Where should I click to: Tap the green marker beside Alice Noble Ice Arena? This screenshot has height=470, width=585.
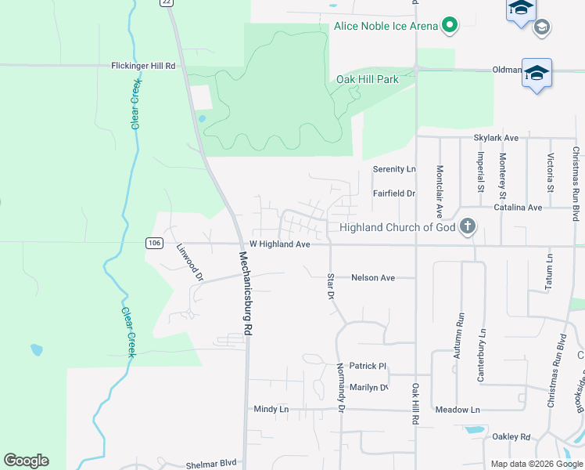450,26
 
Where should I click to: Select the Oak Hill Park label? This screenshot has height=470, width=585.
368,79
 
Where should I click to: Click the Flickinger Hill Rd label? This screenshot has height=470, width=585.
143,67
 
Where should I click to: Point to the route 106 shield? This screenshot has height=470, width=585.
154,244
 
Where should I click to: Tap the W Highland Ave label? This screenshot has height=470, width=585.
280,244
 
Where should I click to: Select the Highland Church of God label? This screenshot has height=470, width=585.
397,228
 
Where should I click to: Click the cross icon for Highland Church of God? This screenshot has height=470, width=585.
468,227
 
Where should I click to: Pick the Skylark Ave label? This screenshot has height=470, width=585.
496,138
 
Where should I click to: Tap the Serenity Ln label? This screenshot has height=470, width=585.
394,169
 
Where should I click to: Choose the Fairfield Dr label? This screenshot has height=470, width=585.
393,193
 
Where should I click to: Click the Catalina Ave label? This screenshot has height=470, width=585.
518,208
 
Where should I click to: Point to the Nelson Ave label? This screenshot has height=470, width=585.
373,277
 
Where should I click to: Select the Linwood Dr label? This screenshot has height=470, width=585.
190,262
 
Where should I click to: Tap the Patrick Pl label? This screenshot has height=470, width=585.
368,366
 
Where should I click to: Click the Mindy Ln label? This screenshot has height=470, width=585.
271,409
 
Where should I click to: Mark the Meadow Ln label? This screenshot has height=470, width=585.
458,410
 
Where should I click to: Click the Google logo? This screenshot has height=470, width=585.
27,461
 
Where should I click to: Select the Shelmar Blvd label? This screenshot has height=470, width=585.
211,465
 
